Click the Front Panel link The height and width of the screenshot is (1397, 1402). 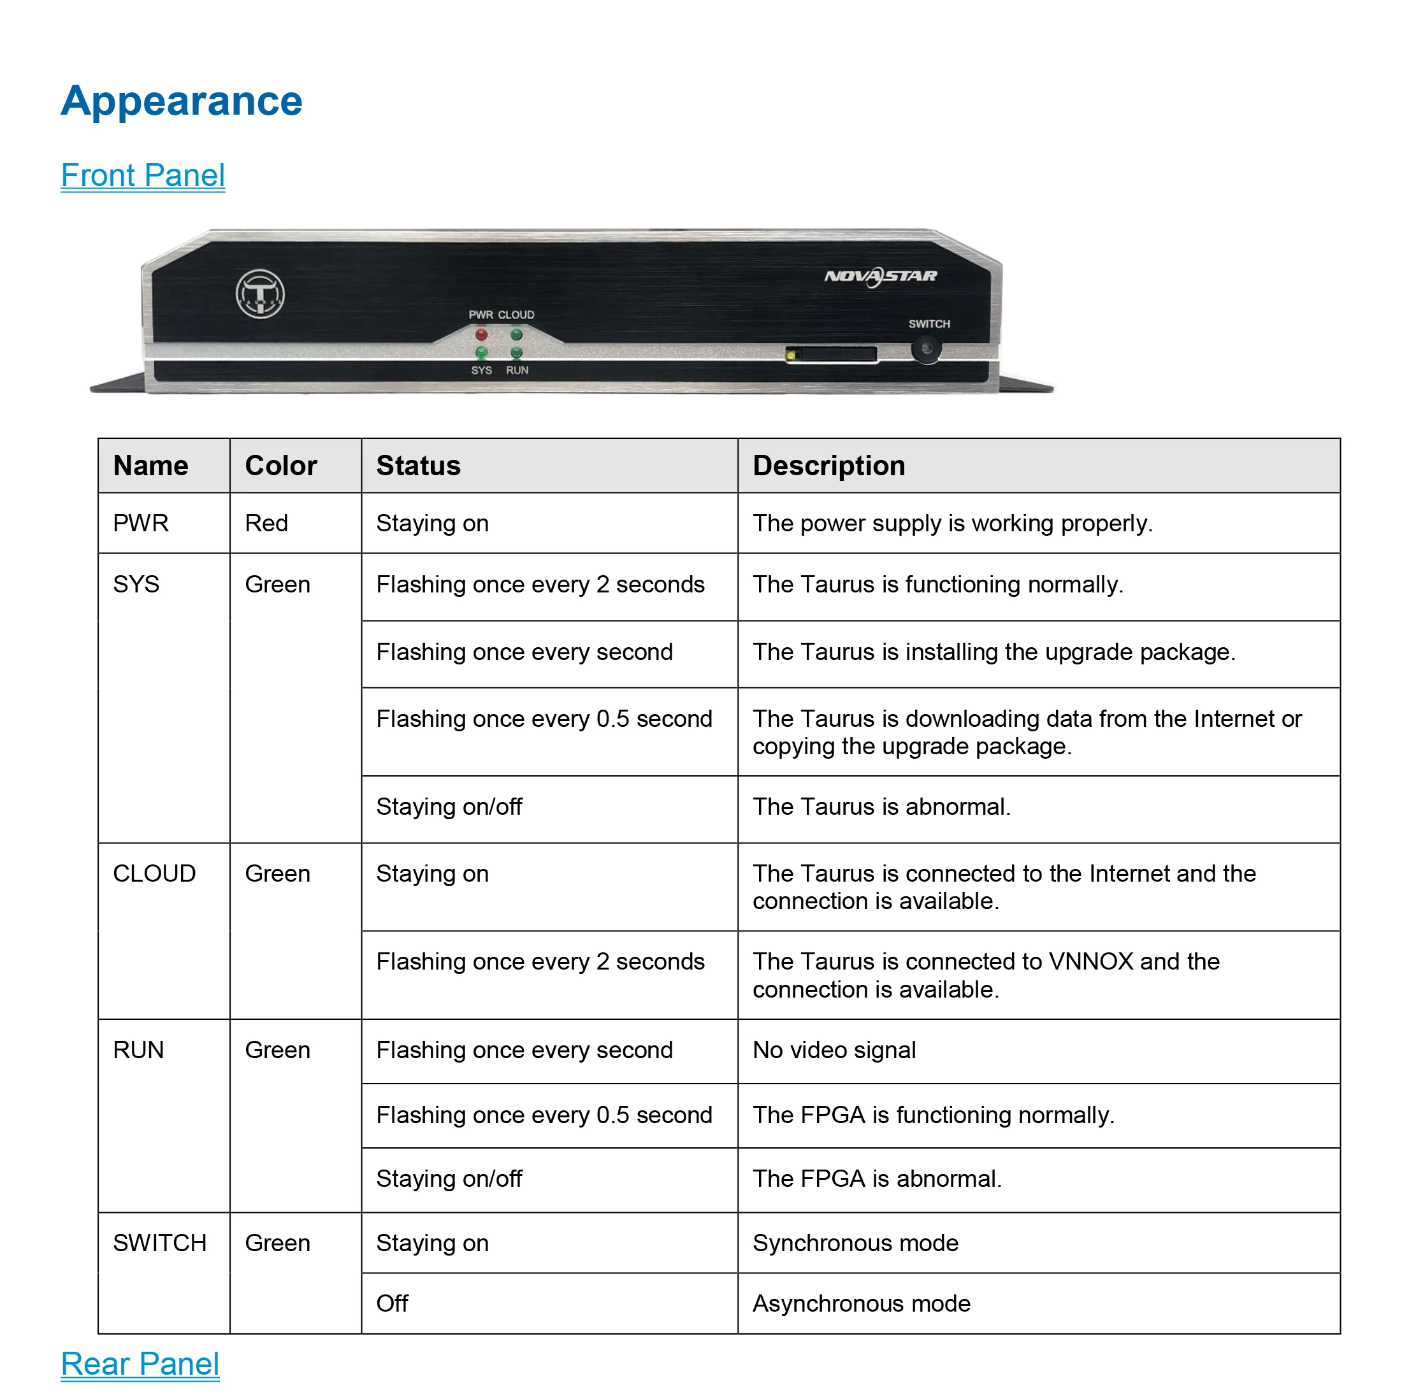(x=143, y=176)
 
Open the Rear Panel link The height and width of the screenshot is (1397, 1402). (x=140, y=1364)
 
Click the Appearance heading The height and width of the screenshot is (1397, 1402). (x=182, y=101)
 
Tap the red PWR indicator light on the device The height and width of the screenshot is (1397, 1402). (x=481, y=335)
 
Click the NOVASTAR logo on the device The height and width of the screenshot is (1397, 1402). (x=880, y=276)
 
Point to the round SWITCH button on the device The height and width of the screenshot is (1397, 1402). (x=926, y=349)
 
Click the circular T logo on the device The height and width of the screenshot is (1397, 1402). (x=260, y=294)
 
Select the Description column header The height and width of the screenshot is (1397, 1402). (x=828, y=466)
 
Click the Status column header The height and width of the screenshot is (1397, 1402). (x=419, y=466)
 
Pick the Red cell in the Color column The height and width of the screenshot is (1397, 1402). (x=266, y=523)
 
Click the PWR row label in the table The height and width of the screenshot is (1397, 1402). (x=141, y=523)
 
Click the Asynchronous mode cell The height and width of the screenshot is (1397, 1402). (x=862, y=1303)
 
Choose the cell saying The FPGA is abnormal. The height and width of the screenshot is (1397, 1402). (x=877, y=1178)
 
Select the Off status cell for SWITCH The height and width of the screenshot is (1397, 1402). (x=392, y=1303)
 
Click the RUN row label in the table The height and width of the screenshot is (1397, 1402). (x=138, y=1050)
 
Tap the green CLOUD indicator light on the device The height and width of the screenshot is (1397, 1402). (x=516, y=335)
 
